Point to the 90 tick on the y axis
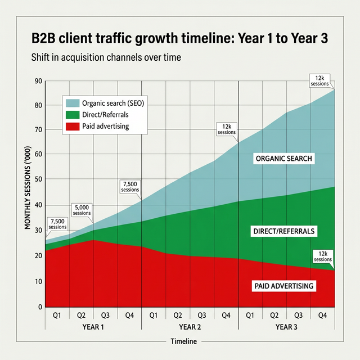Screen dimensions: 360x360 coord(38,80)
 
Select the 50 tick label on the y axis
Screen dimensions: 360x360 coord(38,179)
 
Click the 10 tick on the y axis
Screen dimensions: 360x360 coord(38,281)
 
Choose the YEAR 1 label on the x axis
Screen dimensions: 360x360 coord(93,326)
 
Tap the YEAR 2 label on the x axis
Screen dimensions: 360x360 coord(190,326)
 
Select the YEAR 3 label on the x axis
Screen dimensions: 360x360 coord(287,326)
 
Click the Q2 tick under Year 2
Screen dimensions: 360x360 coord(178,316)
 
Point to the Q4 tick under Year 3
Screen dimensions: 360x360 coord(323,316)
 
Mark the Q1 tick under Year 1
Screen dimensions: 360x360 coord(57,316)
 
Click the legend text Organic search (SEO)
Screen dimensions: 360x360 coord(113,103)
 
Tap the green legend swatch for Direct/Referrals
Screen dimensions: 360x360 coord(73,115)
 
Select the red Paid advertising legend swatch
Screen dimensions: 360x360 coord(73,126)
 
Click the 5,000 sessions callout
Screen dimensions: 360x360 coord(82,210)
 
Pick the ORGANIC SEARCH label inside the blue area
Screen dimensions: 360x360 coord(283,159)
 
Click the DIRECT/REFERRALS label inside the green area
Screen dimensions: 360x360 coord(283,231)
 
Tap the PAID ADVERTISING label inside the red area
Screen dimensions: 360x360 coord(283,286)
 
